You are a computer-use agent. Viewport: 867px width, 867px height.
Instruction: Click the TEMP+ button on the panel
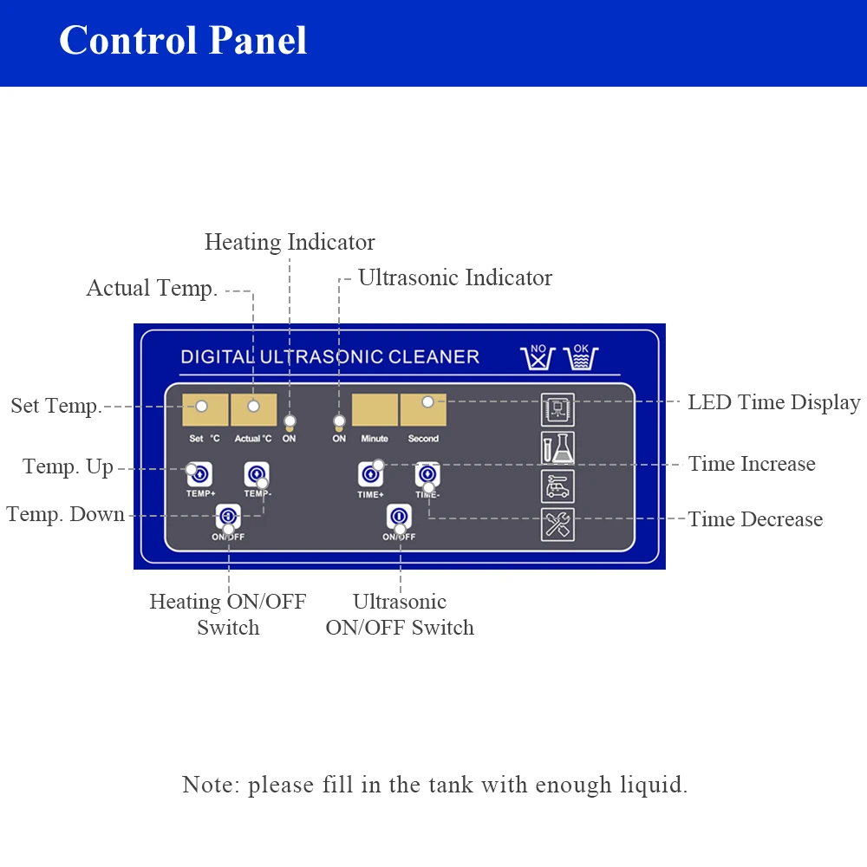tap(199, 474)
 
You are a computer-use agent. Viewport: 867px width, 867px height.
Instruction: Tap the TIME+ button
tap(370, 474)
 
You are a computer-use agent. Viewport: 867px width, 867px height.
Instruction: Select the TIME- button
tap(427, 474)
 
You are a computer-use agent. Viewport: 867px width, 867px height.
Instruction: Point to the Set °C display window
tap(205, 409)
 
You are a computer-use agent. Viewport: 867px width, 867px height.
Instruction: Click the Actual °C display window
tap(253, 409)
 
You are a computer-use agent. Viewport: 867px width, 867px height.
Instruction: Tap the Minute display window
tap(375, 409)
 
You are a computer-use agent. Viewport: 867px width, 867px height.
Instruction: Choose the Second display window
tap(423, 409)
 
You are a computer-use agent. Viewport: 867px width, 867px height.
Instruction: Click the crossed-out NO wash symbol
tap(538, 357)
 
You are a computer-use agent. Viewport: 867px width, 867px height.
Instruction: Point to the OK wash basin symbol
tap(580, 357)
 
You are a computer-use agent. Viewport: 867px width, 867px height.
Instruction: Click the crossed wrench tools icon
tap(557, 524)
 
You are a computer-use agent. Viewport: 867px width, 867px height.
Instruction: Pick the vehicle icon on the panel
tap(557, 486)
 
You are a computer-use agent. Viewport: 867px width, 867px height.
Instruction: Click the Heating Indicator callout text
tap(290, 243)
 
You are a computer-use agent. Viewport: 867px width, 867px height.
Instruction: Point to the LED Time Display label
tap(773, 402)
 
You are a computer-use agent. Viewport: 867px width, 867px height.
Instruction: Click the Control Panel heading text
tap(183, 41)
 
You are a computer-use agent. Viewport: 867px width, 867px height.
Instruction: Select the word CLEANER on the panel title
tap(434, 356)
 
